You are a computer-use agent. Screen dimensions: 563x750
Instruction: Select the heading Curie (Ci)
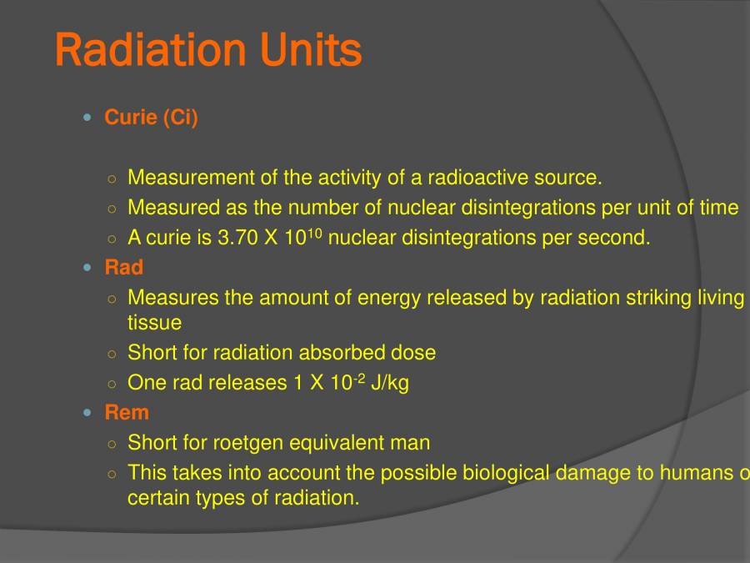pyautogui.click(x=152, y=118)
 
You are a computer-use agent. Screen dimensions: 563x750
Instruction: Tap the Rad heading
pyautogui.click(x=124, y=268)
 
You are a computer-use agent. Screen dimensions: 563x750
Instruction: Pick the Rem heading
pyautogui.click(x=127, y=412)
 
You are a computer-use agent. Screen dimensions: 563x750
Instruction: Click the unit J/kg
pyautogui.click(x=389, y=383)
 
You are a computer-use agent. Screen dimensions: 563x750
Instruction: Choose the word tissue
pyautogui.click(x=154, y=322)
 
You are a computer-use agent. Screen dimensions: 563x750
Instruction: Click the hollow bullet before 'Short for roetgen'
pyautogui.click(x=112, y=444)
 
